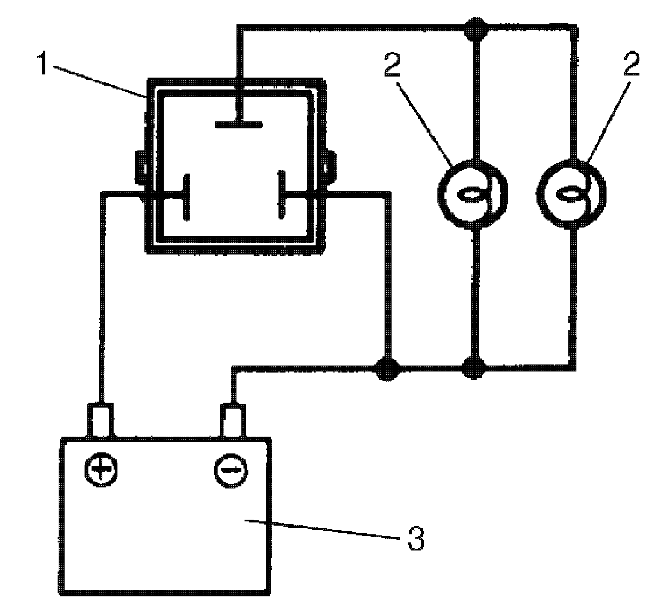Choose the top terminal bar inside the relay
pyautogui.click(x=239, y=125)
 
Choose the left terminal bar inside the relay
pyautogui.click(x=186, y=196)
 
